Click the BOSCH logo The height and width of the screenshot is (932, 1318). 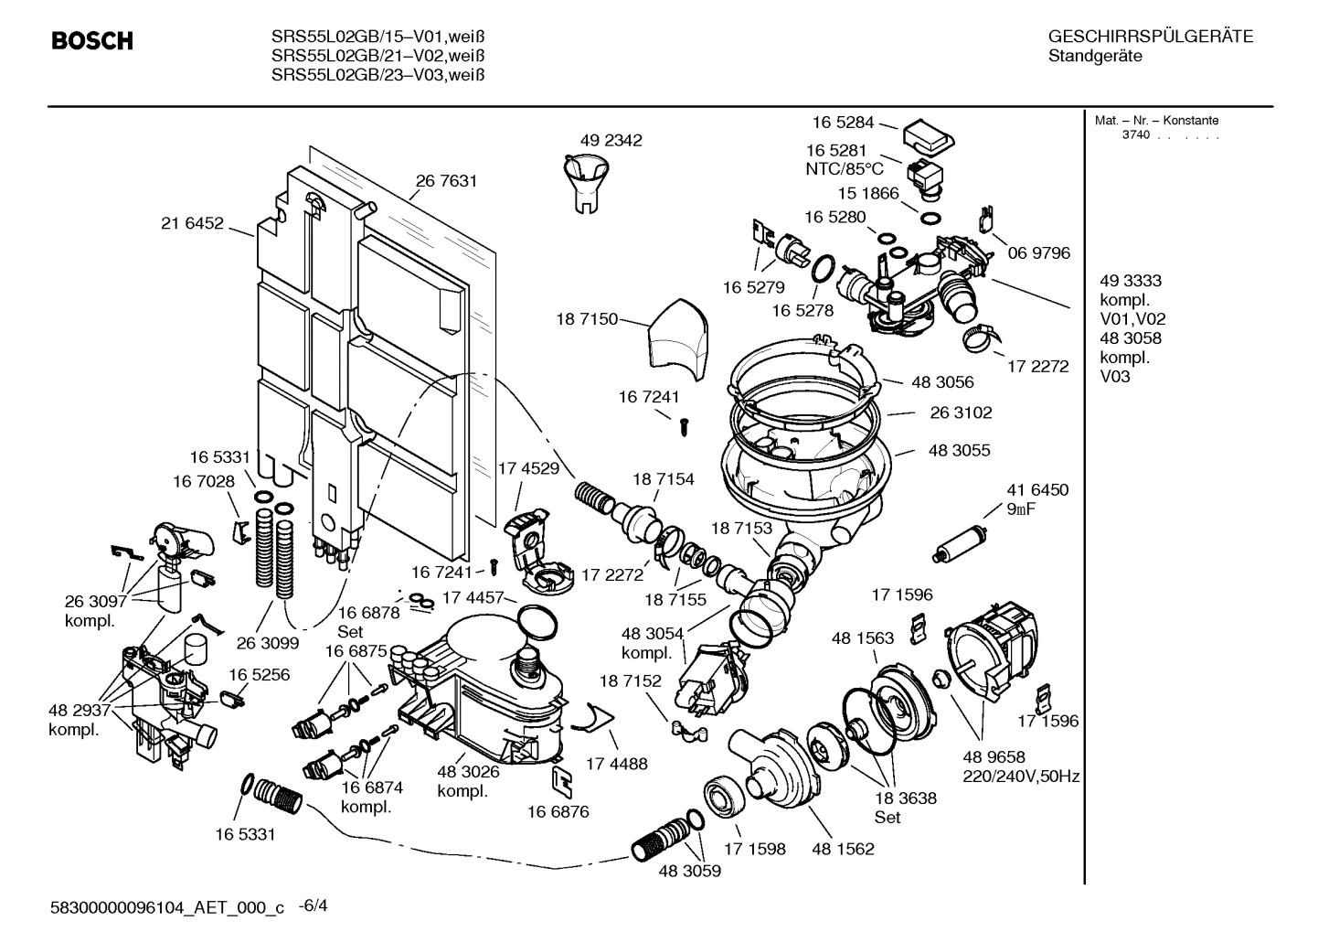(x=91, y=41)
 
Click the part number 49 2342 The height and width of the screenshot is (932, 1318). (x=611, y=140)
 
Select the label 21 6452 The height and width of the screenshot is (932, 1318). (x=192, y=223)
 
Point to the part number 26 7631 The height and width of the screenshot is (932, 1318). (x=446, y=181)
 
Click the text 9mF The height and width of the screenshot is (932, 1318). (x=1022, y=509)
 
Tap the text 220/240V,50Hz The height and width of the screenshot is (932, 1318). (x=1021, y=777)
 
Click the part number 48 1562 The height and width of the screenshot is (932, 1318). (x=843, y=849)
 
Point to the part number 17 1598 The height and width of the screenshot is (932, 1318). (x=754, y=849)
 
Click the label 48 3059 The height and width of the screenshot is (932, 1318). (x=689, y=871)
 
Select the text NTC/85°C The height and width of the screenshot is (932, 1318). (x=845, y=168)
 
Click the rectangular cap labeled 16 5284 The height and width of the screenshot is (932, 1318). (x=929, y=137)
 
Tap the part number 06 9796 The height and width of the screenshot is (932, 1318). (x=1038, y=252)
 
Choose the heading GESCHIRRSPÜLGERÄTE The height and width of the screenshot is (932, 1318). (x=1150, y=37)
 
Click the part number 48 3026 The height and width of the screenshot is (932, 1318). (x=468, y=771)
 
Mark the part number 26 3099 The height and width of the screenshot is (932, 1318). (x=268, y=643)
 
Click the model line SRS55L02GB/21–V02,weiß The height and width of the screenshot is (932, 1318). (x=377, y=56)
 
